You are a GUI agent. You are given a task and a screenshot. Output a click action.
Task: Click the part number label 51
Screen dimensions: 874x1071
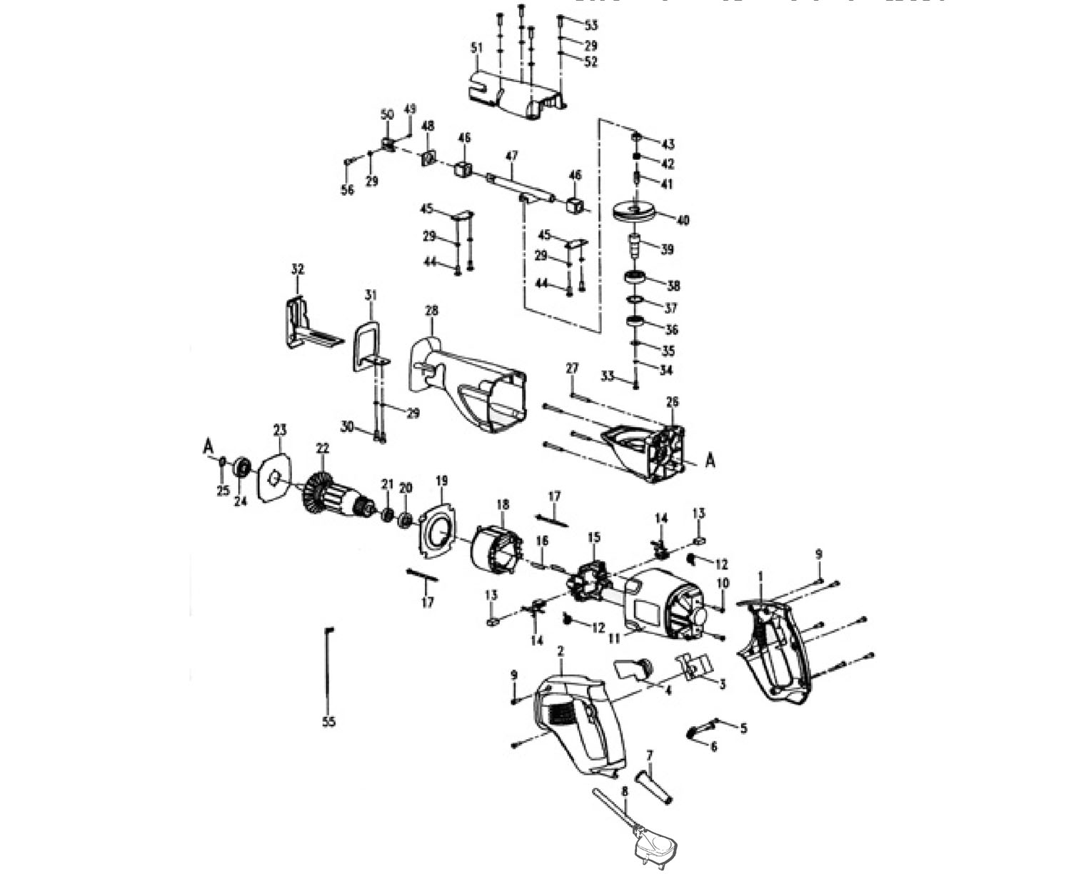pos(476,49)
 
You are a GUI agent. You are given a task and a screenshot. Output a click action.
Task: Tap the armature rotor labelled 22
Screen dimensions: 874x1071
pos(335,493)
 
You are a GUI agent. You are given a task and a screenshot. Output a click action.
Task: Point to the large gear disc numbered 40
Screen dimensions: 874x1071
pos(636,213)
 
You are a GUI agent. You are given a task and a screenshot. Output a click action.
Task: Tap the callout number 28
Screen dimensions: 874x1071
pos(431,311)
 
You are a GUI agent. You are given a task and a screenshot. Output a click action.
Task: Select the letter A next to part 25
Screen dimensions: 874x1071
pos(208,446)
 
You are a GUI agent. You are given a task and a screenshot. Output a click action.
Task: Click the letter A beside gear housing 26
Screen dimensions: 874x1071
pos(710,461)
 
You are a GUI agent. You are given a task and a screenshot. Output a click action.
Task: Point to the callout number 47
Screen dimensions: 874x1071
pos(511,156)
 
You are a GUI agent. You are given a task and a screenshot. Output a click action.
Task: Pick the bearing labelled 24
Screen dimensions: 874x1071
pos(240,468)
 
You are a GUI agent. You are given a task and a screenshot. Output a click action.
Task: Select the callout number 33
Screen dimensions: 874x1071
pos(608,376)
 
